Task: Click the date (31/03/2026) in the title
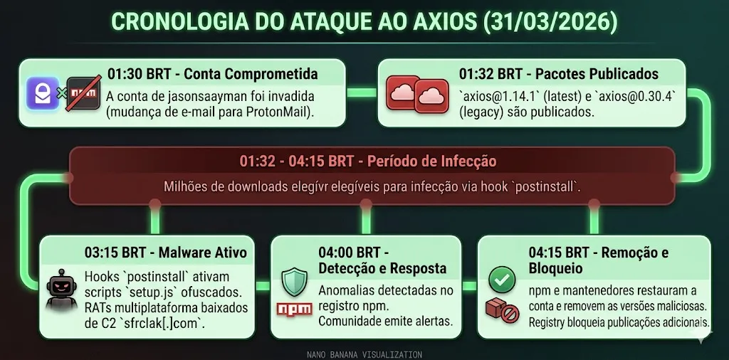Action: click(x=550, y=22)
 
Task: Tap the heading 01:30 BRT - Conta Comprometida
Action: click(x=213, y=74)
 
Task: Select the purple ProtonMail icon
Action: click(x=42, y=93)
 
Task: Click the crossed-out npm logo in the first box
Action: click(x=83, y=93)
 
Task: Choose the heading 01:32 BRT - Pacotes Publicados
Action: click(x=558, y=74)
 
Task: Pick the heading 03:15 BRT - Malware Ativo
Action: click(x=165, y=252)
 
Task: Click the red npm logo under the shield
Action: click(x=294, y=309)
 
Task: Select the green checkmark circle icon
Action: click(x=502, y=280)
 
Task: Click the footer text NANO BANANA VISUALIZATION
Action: click(x=364, y=354)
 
